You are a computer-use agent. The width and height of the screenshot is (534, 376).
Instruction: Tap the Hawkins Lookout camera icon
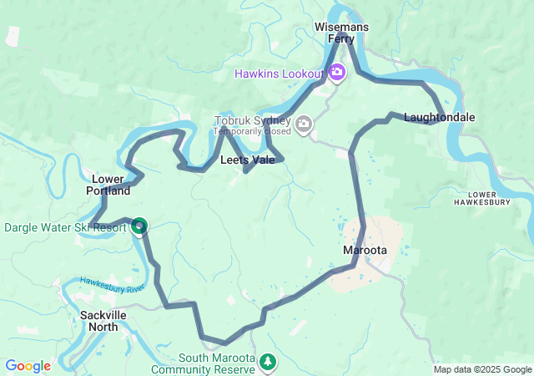point(336,73)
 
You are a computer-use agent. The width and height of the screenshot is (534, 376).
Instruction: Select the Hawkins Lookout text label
point(279,74)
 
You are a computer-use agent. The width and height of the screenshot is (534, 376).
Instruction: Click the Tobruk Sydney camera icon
point(303,125)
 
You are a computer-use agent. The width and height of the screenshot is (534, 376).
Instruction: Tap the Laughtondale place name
point(439,117)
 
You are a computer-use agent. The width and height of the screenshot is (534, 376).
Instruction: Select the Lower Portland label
point(108,185)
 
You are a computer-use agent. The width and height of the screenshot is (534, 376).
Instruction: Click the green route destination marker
point(139,226)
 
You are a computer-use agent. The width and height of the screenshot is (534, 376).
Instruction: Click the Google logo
point(28,366)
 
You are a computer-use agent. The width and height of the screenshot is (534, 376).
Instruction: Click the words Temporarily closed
point(252,131)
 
